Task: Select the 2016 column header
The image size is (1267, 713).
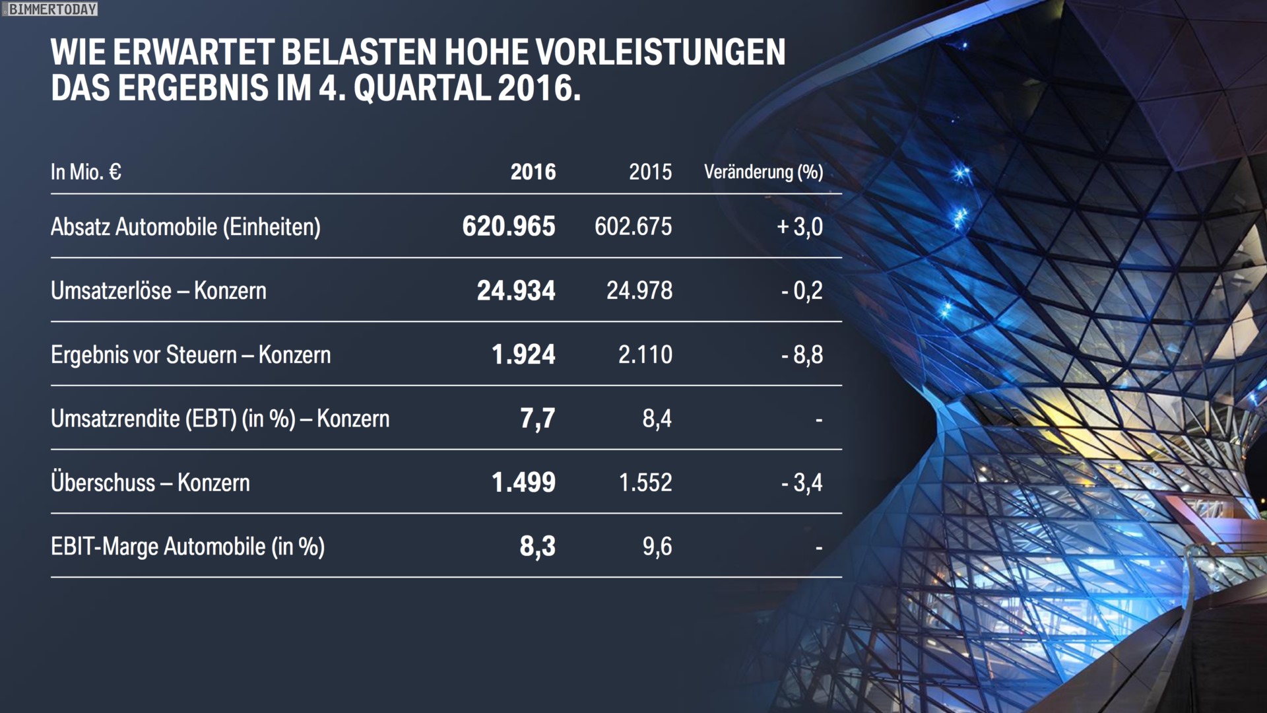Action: [533, 172]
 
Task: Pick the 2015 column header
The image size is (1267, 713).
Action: [650, 172]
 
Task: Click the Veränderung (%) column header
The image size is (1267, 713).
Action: [763, 172]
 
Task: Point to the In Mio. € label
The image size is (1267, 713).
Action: [86, 172]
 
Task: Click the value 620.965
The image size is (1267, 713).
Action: [509, 226]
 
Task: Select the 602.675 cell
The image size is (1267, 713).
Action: [633, 226]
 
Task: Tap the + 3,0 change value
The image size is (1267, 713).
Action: [800, 226]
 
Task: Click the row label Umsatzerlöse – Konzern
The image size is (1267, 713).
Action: [158, 290]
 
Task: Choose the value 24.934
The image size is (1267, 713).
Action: [516, 290]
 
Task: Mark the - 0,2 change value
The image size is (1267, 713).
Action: [802, 290]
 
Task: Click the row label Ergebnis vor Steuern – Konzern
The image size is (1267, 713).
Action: [191, 355]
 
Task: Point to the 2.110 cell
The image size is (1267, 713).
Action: [645, 355]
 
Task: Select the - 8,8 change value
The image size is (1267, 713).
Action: [802, 355]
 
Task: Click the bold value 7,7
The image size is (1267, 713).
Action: [537, 419]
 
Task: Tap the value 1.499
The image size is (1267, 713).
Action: [523, 483]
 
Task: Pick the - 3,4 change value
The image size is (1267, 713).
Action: [802, 483]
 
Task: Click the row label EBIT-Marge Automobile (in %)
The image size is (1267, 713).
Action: [187, 547]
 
